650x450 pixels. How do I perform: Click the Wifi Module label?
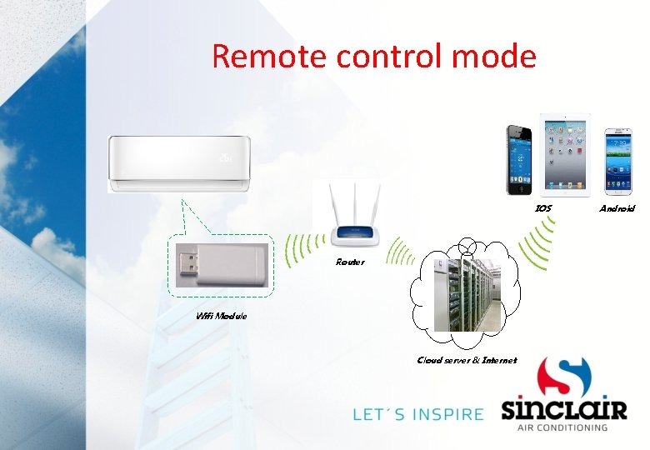221,316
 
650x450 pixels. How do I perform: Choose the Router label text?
350,262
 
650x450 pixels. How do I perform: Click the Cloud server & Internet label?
467,361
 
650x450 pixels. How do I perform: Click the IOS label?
542,208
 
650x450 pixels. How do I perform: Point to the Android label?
617,208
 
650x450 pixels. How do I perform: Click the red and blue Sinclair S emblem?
563,377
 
